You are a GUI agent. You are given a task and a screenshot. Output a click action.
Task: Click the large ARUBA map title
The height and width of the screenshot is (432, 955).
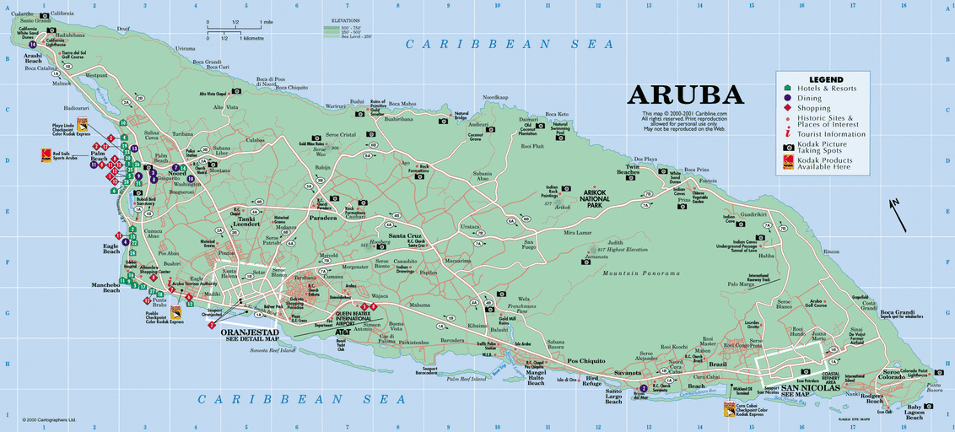coord(686,94)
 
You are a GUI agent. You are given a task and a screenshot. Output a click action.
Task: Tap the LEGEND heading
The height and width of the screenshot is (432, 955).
coord(826,79)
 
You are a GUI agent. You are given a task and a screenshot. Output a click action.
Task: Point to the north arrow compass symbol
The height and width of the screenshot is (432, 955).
coord(898,213)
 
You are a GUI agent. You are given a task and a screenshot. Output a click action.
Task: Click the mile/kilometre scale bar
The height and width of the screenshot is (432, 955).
coord(236,33)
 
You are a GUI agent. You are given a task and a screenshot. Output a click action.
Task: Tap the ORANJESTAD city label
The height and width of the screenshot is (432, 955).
coord(250,332)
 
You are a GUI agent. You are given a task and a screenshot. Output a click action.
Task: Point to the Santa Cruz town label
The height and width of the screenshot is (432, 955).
coord(405,235)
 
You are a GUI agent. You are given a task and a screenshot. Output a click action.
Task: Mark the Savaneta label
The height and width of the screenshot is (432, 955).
coord(627,373)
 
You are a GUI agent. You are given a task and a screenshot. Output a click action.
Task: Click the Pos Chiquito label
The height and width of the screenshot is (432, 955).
coord(585,360)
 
